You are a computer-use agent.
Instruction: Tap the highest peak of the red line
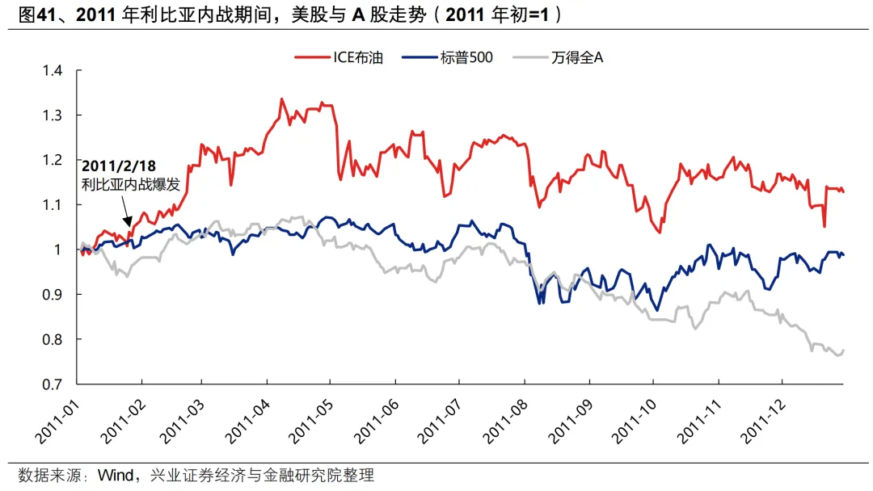281,99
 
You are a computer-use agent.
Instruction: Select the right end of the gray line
843,350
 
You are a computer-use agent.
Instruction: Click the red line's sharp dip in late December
824,226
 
